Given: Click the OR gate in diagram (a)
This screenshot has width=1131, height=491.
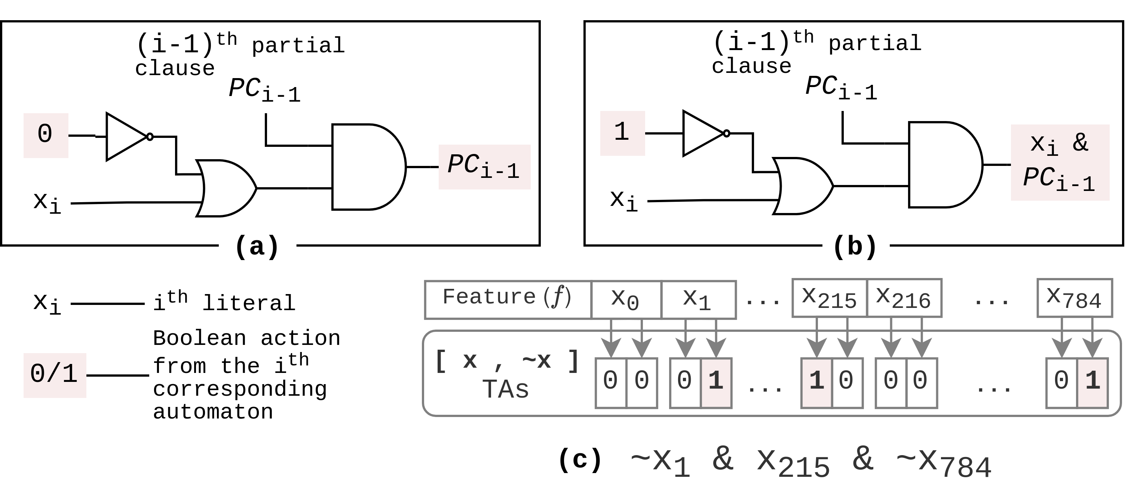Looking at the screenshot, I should (225, 188).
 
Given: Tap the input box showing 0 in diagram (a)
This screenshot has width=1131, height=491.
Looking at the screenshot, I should (46, 135).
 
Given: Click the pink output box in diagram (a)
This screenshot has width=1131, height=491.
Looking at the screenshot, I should (484, 167).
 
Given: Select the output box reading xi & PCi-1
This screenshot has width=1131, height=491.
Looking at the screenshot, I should (1060, 162).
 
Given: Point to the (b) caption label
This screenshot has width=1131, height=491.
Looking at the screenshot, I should (855, 247).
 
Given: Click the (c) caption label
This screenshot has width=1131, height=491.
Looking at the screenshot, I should (580, 460).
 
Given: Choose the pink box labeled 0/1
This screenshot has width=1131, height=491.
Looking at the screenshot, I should (55, 375).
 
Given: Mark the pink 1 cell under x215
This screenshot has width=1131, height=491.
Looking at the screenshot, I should (816, 383).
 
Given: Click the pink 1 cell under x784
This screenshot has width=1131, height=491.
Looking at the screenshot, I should (1092, 383).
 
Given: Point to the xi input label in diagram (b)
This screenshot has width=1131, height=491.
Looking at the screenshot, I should (624, 201).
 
